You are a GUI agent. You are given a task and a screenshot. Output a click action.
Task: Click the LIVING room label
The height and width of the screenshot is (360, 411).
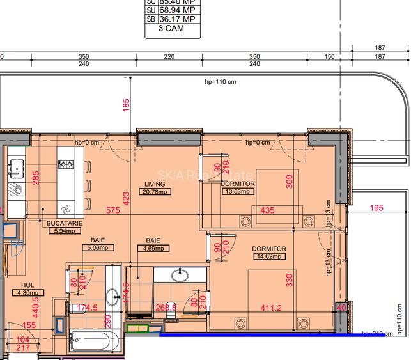tap(155, 184)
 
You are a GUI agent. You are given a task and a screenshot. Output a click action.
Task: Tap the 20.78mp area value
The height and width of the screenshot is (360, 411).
tap(155, 191)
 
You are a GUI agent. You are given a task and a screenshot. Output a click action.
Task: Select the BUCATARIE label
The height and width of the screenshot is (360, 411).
tap(63, 223)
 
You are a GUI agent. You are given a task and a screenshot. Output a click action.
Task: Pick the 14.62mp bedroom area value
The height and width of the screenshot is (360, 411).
tap(268, 256)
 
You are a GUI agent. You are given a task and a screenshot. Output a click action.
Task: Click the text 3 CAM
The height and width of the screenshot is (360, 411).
tap(170, 29)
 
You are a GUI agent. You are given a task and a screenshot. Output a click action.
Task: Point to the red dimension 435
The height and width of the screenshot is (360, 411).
tap(268, 210)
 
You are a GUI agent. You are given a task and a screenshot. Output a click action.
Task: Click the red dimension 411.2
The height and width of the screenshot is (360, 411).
tap(271, 308)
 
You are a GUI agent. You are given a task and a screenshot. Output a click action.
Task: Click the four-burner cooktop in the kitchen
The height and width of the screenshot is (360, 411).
tap(66, 164)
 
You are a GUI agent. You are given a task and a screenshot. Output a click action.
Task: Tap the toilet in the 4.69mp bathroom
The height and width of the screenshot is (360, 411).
tap(170, 304)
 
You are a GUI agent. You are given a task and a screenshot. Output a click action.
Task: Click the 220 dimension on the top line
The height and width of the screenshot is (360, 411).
tap(169, 56)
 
